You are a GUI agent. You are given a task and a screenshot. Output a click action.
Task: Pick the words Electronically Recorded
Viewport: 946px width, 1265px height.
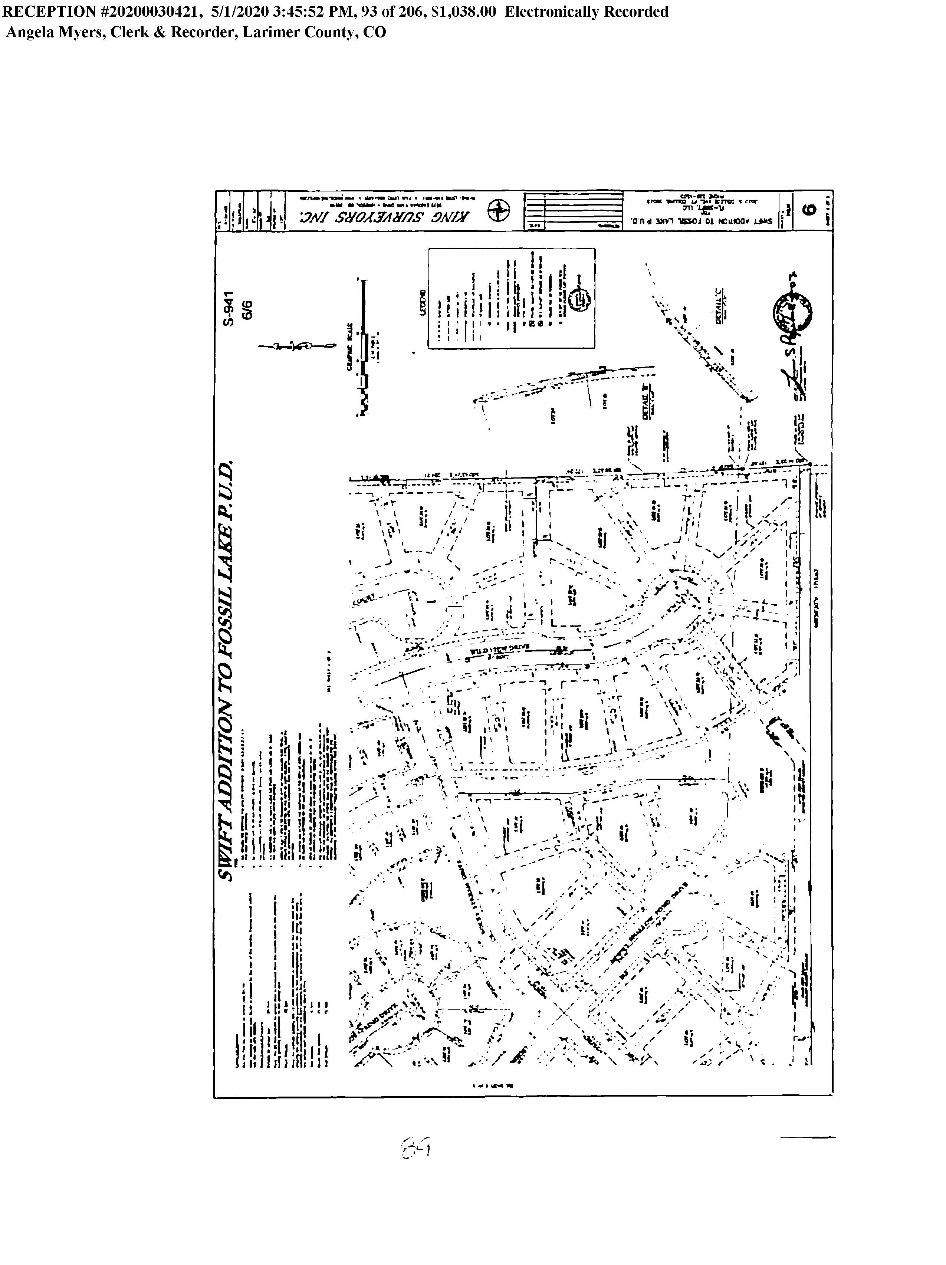[586, 12]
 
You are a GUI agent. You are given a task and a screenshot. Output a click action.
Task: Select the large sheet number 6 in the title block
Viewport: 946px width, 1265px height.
[808, 209]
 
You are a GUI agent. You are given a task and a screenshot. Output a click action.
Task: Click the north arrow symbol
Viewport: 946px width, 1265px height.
[296, 345]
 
